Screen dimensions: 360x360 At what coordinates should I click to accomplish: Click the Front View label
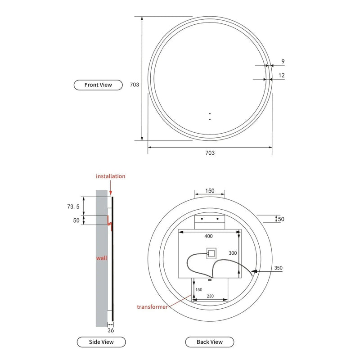pos(98,85)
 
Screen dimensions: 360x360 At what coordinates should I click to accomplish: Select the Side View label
pos(101,342)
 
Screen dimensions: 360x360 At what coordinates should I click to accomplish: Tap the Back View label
pos(209,342)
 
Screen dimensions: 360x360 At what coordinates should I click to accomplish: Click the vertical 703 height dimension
pos(134,84)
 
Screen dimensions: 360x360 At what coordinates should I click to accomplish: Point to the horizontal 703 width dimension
pos(210,153)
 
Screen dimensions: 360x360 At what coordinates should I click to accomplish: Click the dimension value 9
pos(282,62)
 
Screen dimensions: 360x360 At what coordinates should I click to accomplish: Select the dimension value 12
pos(282,76)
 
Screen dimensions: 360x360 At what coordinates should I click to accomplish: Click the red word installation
pos(111,176)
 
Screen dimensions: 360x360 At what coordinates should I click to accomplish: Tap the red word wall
pos(101,258)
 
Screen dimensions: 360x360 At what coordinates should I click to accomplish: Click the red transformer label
pos(153,307)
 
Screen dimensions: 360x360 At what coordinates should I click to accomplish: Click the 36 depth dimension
pos(111,330)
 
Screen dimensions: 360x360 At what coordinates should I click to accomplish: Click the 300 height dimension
pos(232,253)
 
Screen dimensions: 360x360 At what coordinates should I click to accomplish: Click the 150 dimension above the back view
pos(210,191)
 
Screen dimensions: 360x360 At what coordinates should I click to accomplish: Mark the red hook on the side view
pos(109,221)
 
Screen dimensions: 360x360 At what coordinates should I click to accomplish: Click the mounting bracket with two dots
pos(210,221)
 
